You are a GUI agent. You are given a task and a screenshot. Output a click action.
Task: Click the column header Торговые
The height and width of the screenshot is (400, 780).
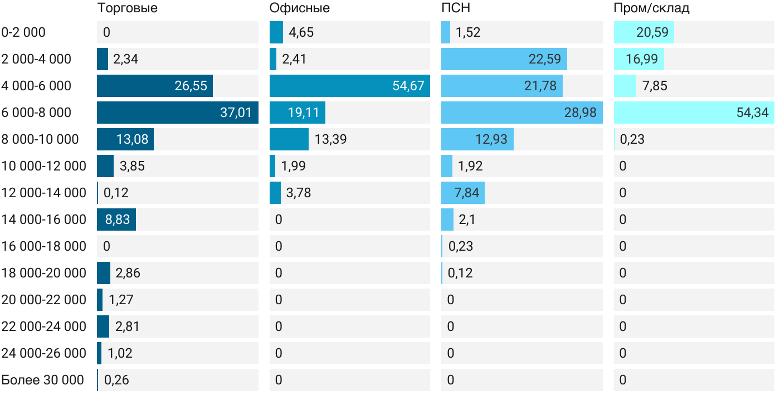click(x=127, y=8)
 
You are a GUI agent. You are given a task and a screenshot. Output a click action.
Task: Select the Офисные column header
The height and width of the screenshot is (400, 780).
click(x=299, y=8)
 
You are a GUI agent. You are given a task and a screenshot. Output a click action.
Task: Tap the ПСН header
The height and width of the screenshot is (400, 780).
click(x=456, y=8)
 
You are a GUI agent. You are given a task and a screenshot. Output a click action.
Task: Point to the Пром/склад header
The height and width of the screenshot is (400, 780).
click(x=651, y=8)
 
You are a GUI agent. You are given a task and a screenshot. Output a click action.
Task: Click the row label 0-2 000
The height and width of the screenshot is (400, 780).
click(x=23, y=32)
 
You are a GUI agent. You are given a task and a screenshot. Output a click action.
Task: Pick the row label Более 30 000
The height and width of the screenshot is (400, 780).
click(x=42, y=380)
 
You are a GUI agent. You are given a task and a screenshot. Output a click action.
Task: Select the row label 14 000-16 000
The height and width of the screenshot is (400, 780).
click(x=44, y=219)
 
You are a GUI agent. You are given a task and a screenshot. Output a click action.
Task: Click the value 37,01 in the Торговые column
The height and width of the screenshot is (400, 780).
click(x=236, y=113)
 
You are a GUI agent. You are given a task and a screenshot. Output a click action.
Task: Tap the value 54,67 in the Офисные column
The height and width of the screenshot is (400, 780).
click(x=408, y=86)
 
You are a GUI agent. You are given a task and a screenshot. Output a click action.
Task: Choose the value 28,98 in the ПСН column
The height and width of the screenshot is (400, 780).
click(x=580, y=113)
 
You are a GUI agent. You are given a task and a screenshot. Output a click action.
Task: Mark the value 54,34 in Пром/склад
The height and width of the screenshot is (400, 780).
click(x=752, y=113)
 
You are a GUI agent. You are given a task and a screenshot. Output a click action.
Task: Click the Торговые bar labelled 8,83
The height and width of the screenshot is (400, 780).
click(x=116, y=219)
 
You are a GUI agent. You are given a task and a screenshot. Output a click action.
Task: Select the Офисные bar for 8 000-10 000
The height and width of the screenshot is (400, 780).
click(x=289, y=139)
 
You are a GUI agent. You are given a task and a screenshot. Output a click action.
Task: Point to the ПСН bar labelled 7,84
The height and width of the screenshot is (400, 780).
click(x=463, y=193)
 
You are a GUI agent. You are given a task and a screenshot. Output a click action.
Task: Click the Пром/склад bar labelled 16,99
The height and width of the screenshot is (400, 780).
click(x=639, y=59)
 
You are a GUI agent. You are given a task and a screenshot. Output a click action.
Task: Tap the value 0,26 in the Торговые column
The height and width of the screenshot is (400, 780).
click(x=116, y=380)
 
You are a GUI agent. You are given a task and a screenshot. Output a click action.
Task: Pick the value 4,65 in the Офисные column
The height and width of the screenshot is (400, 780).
click(x=301, y=32)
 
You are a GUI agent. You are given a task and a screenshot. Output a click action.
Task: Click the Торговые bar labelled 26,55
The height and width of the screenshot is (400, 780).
click(x=155, y=86)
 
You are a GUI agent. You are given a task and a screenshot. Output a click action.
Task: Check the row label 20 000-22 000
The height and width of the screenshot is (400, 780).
click(x=44, y=300)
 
